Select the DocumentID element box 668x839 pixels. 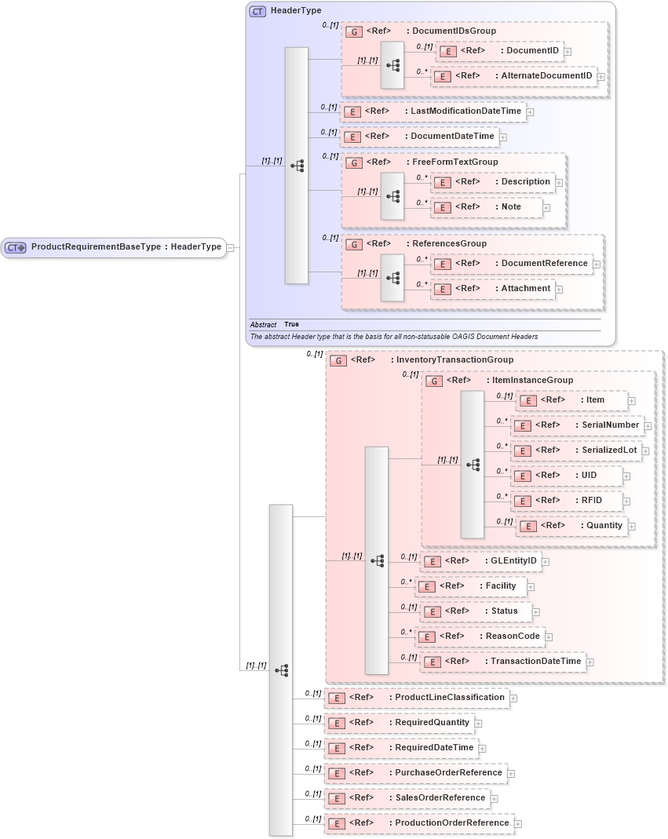click(499, 51)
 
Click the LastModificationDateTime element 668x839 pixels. click(433, 111)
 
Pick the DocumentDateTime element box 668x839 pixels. click(419, 137)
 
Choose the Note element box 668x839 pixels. click(487, 207)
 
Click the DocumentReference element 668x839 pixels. click(511, 264)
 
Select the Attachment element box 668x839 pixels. click(492, 289)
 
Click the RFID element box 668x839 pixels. click(567, 501)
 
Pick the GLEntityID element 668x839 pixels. click(480, 561)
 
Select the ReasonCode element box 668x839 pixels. click(480, 637)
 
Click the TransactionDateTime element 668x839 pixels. click(502, 662)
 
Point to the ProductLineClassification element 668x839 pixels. click(416, 698)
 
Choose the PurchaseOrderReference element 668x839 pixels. click(414, 773)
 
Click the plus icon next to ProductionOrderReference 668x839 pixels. click(518, 824)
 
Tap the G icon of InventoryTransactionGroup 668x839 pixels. click(338, 360)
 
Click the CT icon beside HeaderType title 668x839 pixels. click(257, 11)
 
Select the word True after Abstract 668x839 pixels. click(291, 324)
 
